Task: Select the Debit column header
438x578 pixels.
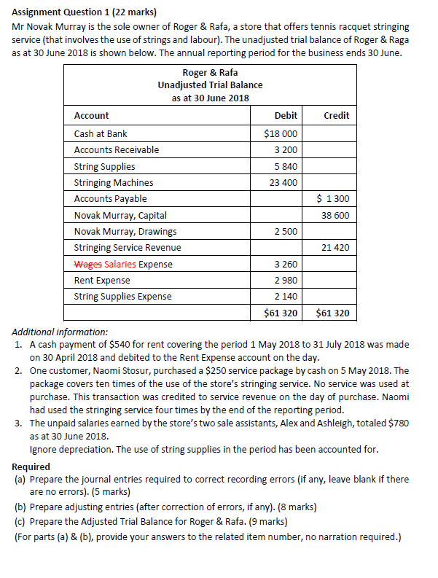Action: [x=286, y=115]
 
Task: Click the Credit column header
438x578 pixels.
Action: [x=336, y=115]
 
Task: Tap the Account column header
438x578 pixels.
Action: [x=92, y=115]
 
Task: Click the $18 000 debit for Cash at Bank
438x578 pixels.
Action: [x=281, y=134]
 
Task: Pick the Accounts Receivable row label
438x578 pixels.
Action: [x=117, y=150]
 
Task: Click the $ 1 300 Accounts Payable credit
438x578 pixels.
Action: [x=333, y=199]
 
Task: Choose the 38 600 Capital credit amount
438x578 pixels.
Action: [x=335, y=216]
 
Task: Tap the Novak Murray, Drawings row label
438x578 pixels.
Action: [x=125, y=232]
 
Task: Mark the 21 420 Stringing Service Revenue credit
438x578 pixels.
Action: [x=335, y=248]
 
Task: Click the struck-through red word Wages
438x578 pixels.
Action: [x=88, y=265]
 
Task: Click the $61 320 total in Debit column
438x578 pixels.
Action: [x=281, y=314]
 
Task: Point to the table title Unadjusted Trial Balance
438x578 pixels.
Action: [x=210, y=85]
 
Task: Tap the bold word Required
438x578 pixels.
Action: [x=31, y=466]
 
